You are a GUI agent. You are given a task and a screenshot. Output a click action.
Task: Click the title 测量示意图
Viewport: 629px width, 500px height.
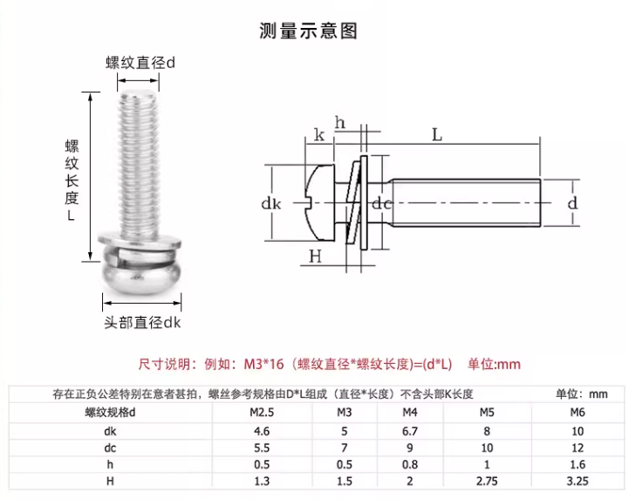coord(308,31)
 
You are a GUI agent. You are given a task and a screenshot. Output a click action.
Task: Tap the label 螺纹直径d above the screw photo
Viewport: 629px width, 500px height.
coord(140,63)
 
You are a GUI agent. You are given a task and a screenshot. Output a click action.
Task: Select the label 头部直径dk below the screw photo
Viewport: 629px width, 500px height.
coord(142,322)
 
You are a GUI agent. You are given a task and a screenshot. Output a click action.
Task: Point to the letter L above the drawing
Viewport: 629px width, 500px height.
coord(437,135)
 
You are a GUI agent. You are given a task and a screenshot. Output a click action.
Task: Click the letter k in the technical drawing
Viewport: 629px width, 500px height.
coord(319,135)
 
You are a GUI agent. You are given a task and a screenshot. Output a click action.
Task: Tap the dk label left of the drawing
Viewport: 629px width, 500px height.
coord(271,203)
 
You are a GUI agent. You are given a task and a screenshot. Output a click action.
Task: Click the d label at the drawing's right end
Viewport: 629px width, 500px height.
coord(572,202)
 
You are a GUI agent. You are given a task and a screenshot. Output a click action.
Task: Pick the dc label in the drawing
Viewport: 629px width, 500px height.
coord(381,203)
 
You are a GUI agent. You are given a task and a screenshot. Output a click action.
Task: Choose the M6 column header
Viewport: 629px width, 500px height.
coord(576,413)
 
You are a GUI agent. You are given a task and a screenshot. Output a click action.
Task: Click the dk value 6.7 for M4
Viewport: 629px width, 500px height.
coord(411,430)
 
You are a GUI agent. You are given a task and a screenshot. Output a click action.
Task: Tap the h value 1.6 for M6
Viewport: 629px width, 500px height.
coord(576,463)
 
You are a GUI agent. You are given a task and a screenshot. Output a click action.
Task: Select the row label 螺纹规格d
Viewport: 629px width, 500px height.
coord(111,413)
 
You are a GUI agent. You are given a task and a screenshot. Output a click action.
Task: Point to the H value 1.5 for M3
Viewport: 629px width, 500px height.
coord(344,481)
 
